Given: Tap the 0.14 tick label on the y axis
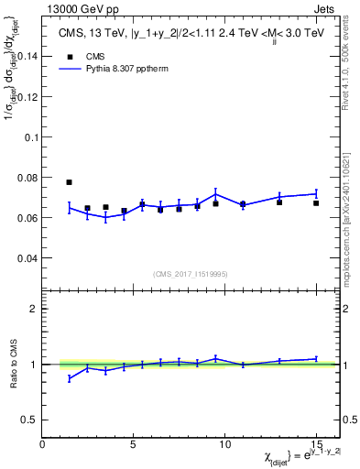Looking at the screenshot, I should (25, 56).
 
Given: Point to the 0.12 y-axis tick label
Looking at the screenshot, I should (25, 96).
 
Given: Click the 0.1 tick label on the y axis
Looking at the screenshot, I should (28, 136).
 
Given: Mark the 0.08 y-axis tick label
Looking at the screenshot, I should (25, 178).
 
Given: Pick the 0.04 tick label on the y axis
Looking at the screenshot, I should (25, 258).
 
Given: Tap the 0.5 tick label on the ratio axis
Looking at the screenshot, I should (28, 420).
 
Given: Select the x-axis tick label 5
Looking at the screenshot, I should (134, 444).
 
